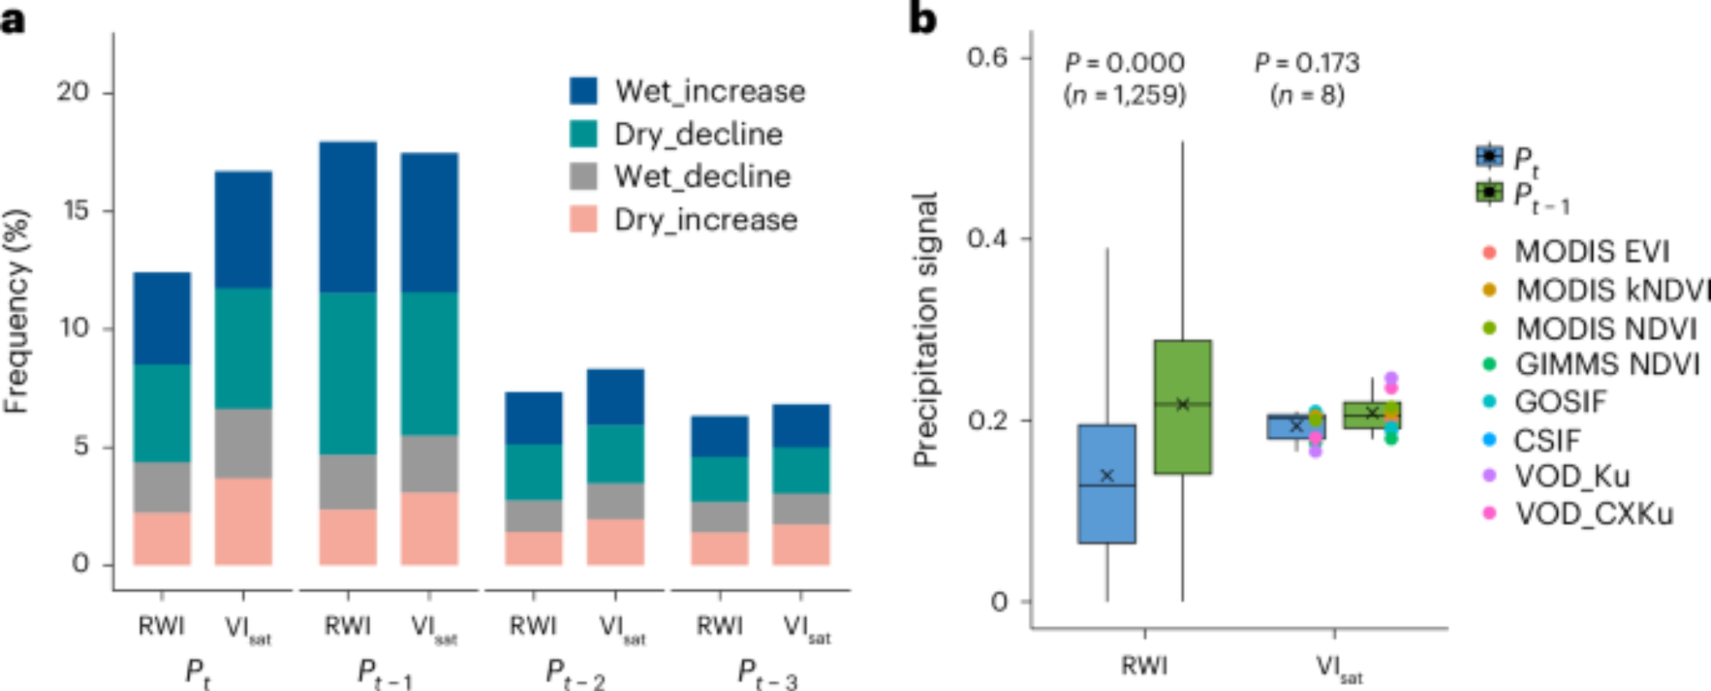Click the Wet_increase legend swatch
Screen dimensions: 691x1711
pyautogui.click(x=583, y=91)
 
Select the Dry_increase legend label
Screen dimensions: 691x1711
pyautogui.click(x=706, y=220)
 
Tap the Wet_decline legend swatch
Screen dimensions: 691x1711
pyautogui.click(x=583, y=176)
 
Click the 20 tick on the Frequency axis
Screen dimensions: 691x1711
pyautogui.click(x=73, y=92)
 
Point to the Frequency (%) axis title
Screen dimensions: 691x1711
pyautogui.click(x=17, y=312)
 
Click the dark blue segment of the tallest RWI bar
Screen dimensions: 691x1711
pyautogui.click(x=347, y=217)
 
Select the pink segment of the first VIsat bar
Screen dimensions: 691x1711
pyautogui.click(x=243, y=521)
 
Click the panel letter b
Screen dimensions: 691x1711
pyautogui.click(x=922, y=19)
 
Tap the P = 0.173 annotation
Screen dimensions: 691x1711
pyautogui.click(x=1306, y=62)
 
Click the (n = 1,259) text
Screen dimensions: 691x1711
pyautogui.click(x=1124, y=94)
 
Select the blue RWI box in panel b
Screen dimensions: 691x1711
pyautogui.click(x=1107, y=513)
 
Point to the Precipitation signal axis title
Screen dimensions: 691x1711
pyautogui.click(x=926, y=329)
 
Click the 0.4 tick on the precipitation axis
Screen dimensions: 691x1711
pyautogui.click(x=987, y=238)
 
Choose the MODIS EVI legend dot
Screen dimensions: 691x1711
pyautogui.click(x=1489, y=252)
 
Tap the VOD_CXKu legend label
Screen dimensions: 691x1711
pyautogui.click(x=1594, y=514)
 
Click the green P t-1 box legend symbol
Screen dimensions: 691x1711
pyautogui.click(x=1489, y=192)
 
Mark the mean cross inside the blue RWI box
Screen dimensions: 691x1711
pyautogui.click(x=1107, y=475)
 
